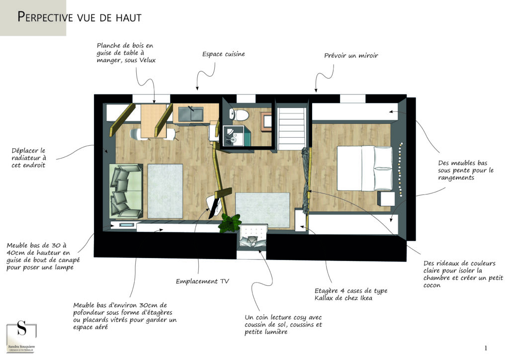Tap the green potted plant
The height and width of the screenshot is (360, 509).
(x=230, y=223)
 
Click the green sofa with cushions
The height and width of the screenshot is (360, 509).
(x=126, y=191)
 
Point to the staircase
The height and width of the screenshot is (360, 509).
(x=292, y=129)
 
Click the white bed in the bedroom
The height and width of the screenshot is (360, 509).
(x=364, y=168)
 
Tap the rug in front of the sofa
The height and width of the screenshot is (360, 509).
(x=165, y=191)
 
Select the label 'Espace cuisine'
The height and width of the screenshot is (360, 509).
(x=224, y=54)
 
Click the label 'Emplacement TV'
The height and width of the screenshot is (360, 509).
(x=202, y=281)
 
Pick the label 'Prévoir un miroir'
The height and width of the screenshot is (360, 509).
(x=351, y=56)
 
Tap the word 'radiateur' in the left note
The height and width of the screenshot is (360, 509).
(x=29, y=158)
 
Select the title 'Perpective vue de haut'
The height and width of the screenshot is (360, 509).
(x=80, y=17)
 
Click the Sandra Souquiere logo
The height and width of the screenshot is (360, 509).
(x=21, y=337)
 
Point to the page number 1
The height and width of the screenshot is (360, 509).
(x=486, y=348)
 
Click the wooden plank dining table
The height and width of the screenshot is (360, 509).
(x=154, y=121)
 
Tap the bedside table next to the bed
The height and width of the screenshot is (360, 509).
(x=386, y=198)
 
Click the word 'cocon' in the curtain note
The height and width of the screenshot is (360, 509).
(x=432, y=285)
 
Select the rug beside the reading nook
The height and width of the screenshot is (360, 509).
(x=262, y=210)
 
